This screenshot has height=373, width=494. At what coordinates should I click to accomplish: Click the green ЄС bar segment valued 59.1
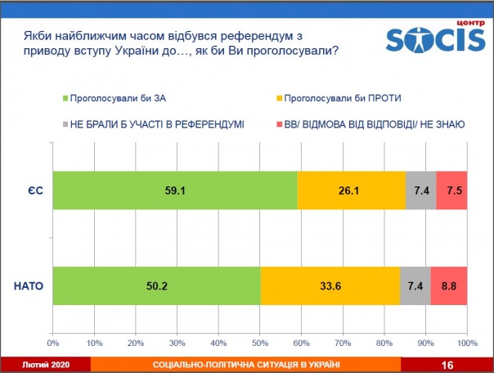point(174,191)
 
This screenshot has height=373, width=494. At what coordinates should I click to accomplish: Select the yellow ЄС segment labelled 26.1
point(351,191)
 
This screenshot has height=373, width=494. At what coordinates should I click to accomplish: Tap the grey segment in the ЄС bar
point(420,191)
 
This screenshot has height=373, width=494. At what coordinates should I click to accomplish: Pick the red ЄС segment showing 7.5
point(451,191)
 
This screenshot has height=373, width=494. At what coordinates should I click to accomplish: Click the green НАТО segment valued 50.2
point(156,286)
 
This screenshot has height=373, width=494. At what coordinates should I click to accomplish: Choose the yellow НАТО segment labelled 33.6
point(330,286)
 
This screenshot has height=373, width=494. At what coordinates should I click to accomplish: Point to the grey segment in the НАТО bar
point(415,286)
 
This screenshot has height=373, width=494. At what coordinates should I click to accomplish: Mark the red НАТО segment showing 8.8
point(448,286)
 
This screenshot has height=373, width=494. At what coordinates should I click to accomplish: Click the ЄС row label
point(33,191)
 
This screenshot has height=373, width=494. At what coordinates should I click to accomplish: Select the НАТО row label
point(29,287)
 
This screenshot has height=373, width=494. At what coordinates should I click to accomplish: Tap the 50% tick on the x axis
point(259,341)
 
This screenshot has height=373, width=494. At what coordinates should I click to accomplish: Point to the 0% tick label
point(53,341)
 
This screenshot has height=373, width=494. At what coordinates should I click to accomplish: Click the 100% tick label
point(466,341)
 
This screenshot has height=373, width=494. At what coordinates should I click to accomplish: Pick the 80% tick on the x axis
point(384,341)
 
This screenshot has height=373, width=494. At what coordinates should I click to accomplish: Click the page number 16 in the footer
point(447,365)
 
